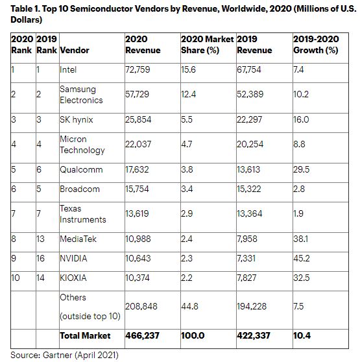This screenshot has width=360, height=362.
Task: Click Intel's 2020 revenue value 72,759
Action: (138, 69)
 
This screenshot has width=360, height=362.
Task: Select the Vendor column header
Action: (75, 50)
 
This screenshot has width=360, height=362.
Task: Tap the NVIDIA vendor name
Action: (73, 258)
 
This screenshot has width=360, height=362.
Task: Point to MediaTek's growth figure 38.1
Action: (301, 239)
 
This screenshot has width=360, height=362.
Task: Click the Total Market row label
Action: (85, 335)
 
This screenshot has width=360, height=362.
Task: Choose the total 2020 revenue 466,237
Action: (142, 335)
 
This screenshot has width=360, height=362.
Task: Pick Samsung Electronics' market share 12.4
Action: (188, 94)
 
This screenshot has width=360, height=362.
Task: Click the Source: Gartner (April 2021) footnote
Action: (64, 355)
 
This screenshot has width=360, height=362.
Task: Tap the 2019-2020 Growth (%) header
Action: (316, 45)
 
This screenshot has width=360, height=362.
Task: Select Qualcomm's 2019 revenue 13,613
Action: (248, 170)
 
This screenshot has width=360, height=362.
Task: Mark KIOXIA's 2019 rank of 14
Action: (40, 278)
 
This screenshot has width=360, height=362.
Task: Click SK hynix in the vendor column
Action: (76, 119)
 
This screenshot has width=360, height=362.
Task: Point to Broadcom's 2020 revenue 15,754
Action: (137, 189)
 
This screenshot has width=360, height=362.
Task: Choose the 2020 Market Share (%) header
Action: (207, 45)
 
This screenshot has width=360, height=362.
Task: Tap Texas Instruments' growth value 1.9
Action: (298, 213)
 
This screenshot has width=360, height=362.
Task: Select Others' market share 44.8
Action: (189, 306)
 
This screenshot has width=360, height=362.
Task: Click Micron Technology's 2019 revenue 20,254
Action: (250, 144)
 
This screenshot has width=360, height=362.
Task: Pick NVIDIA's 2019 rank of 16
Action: (40, 258)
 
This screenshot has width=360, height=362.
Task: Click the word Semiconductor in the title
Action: (101, 9)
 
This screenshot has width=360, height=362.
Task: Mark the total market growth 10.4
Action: (302, 335)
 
